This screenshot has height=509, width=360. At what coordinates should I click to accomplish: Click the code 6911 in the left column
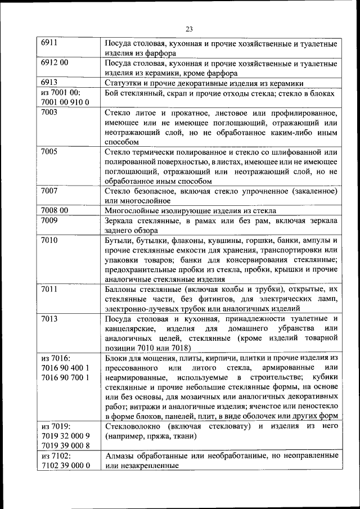click(x=49, y=42)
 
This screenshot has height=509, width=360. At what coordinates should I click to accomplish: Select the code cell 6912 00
click(x=55, y=62)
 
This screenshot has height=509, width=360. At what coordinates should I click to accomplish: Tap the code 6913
click(x=49, y=83)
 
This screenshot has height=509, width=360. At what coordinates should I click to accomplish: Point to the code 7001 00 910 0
click(x=66, y=102)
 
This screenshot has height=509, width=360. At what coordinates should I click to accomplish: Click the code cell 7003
click(x=49, y=112)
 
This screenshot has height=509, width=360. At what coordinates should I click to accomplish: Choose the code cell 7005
click(x=49, y=151)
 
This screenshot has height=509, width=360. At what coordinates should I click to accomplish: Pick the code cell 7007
click(x=49, y=191)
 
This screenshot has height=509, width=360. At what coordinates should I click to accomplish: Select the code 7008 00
click(x=55, y=210)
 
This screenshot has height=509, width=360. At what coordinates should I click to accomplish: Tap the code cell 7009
click(x=49, y=220)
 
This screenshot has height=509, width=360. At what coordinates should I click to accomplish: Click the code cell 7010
click(x=49, y=240)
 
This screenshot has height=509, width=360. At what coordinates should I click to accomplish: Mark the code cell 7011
click(x=49, y=289)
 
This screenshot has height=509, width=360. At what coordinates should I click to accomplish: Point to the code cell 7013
click(x=49, y=318)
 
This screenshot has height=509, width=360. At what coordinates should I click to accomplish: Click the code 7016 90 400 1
click(x=66, y=367)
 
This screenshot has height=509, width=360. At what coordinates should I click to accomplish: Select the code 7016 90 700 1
click(x=66, y=377)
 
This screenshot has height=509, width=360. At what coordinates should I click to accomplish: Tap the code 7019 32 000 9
click(x=66, y=436)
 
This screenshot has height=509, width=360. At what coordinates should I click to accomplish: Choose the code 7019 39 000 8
click(x=66, y=446)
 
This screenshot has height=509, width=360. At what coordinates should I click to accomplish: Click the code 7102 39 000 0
click(x=66, y=466)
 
